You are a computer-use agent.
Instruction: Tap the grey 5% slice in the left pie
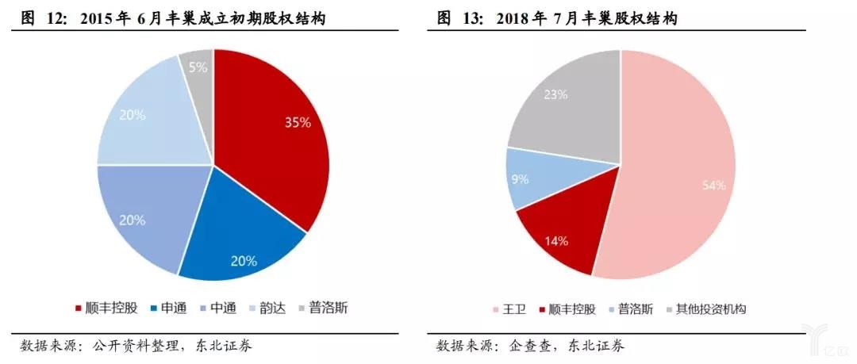[x=197, y=67]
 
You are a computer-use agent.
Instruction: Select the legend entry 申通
[x=167, y=308]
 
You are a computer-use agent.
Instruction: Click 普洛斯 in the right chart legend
[x=631, y=308]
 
